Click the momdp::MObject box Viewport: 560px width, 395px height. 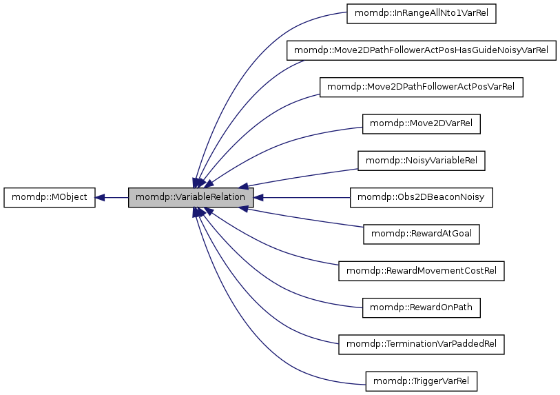(50, 198)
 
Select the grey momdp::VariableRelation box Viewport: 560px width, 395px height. (191, 198)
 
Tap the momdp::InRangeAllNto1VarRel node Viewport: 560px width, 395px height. (421, 14)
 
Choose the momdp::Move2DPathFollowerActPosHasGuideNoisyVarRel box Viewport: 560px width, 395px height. (421, 50)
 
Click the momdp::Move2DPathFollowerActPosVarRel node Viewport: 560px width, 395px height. (421, 88)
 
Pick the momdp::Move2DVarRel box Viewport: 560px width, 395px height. (421, 124)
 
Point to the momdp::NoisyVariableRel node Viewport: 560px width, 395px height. (421, 161)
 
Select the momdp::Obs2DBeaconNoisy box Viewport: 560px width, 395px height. (421, 198)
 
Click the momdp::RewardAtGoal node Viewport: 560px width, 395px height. (421, 234)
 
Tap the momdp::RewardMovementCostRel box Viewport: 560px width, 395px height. (421, 271)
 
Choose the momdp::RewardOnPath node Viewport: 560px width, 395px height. (421, 307)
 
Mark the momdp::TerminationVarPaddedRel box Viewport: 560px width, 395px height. (421, 345)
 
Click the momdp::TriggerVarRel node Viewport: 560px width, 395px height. (421, 381)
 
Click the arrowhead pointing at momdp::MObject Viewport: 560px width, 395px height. (101, 198)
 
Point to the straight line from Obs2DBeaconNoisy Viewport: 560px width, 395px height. (303, 198)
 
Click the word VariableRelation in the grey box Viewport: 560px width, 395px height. (210, 198)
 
